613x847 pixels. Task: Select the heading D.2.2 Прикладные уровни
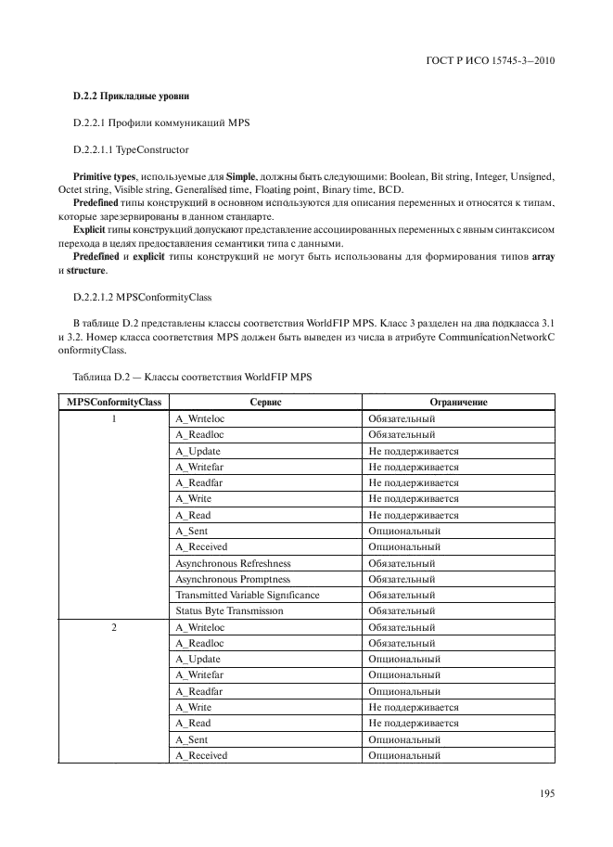133,96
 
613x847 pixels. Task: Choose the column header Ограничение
458,402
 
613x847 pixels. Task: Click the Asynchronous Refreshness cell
233,563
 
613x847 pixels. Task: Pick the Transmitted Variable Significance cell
247,595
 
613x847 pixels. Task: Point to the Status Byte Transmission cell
229,611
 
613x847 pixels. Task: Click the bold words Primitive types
104,176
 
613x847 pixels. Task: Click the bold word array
543,256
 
